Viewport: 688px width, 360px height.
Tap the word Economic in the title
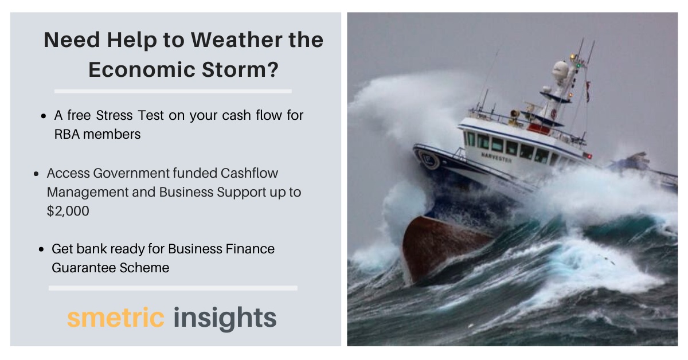[138, 69]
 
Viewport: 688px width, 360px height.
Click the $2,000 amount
[68, 211]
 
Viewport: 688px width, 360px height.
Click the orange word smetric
[116, 318]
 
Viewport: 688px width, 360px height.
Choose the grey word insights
[225, 318]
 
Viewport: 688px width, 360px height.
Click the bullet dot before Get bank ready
[41, 250]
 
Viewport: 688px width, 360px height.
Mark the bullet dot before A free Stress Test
[44, 116]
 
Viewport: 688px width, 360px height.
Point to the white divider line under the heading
[173, 91]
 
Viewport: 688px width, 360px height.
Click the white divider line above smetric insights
[173, 288]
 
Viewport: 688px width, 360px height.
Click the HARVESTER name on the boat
[496, 156]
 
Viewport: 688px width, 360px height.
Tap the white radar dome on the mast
[560, 72]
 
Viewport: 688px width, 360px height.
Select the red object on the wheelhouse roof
[539, 128]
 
